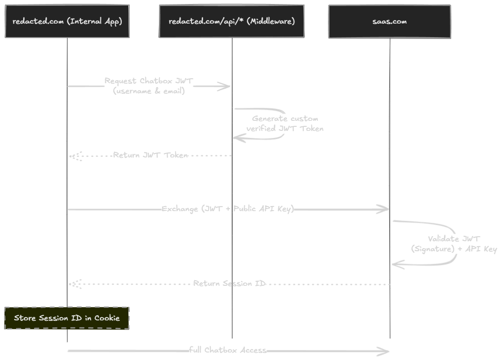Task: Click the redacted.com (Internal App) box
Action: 67,21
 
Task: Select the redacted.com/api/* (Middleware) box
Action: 232,21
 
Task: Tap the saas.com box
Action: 389,22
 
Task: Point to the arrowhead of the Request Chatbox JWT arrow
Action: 227,87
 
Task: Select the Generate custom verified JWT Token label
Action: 284,123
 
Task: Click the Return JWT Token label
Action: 150,155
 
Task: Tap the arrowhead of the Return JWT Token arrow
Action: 73,156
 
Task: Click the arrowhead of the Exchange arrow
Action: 385,209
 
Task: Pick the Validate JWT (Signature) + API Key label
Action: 453,244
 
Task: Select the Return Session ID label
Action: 230,283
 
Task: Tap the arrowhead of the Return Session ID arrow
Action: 73,284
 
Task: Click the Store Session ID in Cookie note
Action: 67,318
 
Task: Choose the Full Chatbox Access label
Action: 228,350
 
